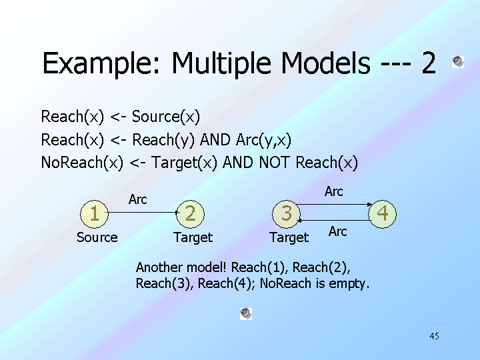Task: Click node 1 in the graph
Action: (x=95, y=213)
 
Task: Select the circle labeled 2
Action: (x=191, y=213)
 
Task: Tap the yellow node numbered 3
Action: (x=287, y=213)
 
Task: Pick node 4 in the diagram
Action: (x=383, y=213)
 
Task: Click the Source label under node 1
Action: (x=97, y=237)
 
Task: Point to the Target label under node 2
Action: (x=193, y=237)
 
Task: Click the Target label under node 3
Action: (x=289, y=237)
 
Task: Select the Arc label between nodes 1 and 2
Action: (x=138, y=199)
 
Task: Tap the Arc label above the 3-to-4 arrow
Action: (x=334, y=191)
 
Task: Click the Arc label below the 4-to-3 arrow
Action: (x=338, y=231)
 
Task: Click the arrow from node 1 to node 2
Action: (x=143, y=213)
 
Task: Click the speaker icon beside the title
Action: (x=457, y=62)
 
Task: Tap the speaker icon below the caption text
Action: (x=246, y=313)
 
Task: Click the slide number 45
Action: (x=434, y=336)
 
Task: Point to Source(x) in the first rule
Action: (x=166, y=117)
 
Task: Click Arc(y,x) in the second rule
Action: (x=263, y=140)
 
